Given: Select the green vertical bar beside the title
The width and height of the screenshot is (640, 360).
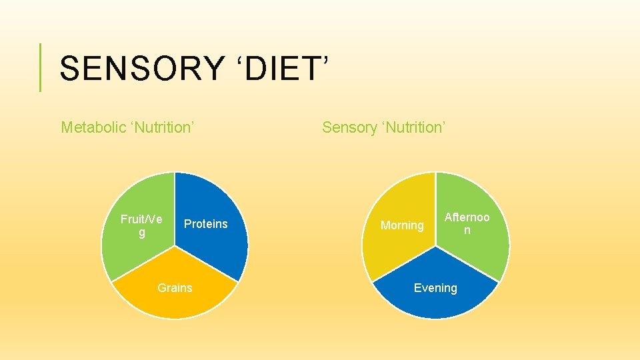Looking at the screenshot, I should click(41, 67).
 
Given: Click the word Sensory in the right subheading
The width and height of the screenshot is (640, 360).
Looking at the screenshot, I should click(349, 127).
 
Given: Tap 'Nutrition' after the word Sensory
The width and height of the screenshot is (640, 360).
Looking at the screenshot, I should click(413, 127).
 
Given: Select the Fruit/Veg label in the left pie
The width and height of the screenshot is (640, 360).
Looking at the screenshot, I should click(141, 225).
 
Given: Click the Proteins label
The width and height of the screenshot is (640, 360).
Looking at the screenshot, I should click(205, 224).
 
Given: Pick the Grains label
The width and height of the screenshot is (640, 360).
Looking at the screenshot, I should click(175, 288).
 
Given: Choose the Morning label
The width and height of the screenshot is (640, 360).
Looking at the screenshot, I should click(402, 225).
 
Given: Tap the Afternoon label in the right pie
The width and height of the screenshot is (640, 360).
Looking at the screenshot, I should click(467, 223).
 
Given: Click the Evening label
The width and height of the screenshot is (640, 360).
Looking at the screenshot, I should click(435, 288).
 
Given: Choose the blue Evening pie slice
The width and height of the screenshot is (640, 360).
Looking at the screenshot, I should click(435, 303).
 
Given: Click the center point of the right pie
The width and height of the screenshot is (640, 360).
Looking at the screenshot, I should click(435, 246).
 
